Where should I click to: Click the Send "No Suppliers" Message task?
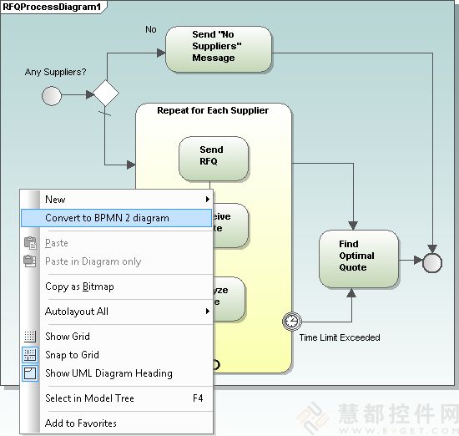coord(219,48)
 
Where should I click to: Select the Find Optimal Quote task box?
coord(358,256)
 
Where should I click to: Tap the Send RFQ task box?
coord(213,156)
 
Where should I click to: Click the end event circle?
coord(432,262)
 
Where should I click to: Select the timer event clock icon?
coord(292,321)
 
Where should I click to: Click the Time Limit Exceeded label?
coord(339,337)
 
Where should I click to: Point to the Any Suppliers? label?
coord(55,73)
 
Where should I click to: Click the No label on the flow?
coord(151,29)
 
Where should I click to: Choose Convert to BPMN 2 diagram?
coord(107,218)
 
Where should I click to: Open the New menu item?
coord(55,200)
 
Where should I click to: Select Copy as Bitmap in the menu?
coord(79,286)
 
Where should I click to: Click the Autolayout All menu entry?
coord(77,312)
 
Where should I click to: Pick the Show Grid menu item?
coord(68,337)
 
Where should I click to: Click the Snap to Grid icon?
coord(30,355)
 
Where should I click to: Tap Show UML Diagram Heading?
coord(108,373)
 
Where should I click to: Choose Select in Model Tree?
coord(89,398)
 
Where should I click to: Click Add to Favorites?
coord(81,423)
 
